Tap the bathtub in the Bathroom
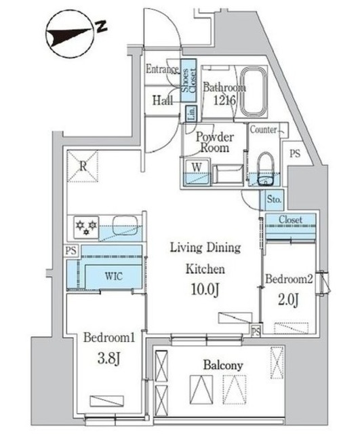point(254,92)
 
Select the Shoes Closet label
point(188,80)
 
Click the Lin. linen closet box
point(191,113)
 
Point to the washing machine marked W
point(197,172)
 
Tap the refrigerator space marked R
point(83,166)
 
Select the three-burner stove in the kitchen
point(86,228)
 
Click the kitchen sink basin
point(125,225)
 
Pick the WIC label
point(113,276)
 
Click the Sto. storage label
point(274,199)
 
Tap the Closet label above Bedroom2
point(290,220)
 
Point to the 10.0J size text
point(205,290)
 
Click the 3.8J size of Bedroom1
point(108,359)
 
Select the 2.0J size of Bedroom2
point(288,300)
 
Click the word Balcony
point(223,366)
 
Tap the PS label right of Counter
point(295,154)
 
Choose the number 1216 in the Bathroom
point(224,100)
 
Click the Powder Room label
point(215,142)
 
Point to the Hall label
point(163,100)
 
